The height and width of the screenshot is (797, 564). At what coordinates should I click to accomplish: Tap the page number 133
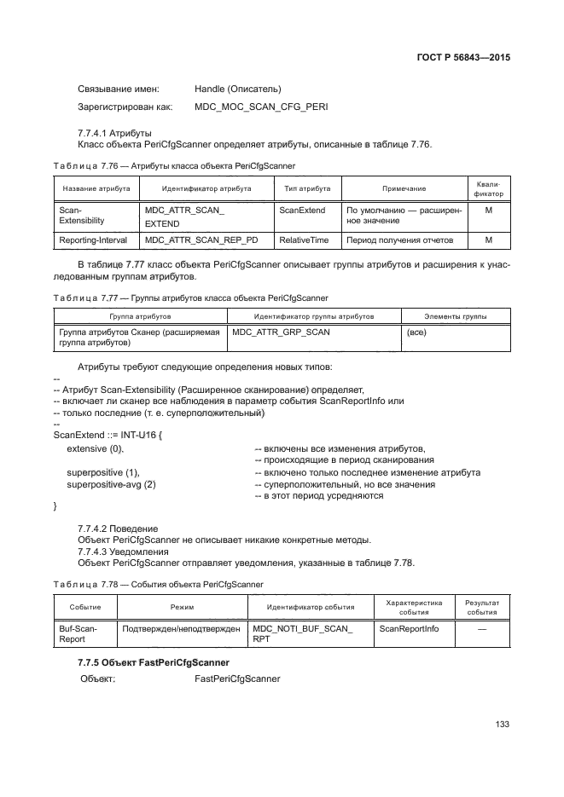click(x=503, y=724)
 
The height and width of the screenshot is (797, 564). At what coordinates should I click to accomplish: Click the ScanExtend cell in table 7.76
click(x=302, y=209)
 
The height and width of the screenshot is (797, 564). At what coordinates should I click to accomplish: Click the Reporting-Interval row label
click(x=93, y=240)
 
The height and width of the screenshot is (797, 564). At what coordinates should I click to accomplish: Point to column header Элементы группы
click(x=456, y=315)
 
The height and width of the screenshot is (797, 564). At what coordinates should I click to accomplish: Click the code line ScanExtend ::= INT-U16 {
click(x=108, y=435)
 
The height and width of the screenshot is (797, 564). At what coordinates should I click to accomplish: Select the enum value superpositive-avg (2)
click(x=112, y=484)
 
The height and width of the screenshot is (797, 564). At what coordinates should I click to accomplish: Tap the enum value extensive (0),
click(x=96, y=448)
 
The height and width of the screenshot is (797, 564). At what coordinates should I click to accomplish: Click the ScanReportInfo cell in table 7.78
click(x=409, y=628)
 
